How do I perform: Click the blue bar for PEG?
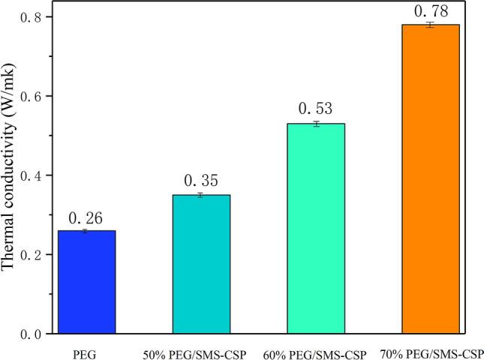[x=86, y=282]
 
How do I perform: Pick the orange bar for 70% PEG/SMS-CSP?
[x=430, y=179]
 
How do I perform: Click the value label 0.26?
[x=86, y=217]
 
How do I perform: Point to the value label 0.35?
[x=201, y=181]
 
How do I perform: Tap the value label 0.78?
[x=430, y=11]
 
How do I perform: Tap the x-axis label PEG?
[x=86, y=352]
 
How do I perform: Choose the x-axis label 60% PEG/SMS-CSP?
[x=316, y=352]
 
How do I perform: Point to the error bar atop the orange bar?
[x=430, y=25]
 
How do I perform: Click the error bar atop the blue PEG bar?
[x=86, y=231]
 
